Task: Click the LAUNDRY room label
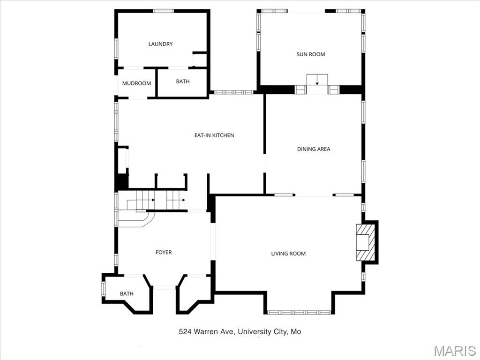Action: coord(160,44)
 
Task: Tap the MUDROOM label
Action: coord(136,83)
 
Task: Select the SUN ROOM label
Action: coord(310,54)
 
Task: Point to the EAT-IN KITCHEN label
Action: coord(214,135)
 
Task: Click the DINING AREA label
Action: coord(314,149)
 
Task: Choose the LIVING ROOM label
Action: coord(288,254)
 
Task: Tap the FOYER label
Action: coord(164,252)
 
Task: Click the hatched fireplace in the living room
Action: coord(366,242)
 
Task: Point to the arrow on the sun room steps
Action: coord(317,81)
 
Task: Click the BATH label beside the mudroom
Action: coord(183,82)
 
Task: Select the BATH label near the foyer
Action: coord(127,294)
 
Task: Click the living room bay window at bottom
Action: coord(299,312)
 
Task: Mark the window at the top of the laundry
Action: coord(164,11)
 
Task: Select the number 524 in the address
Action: coord(185,332)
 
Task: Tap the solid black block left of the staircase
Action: coord(122,182)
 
